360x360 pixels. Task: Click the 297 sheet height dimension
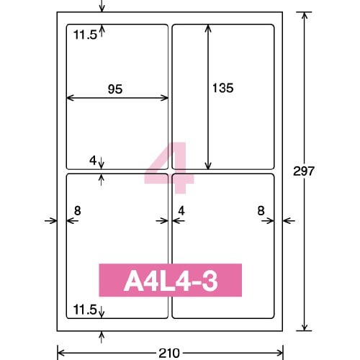pos(304,171)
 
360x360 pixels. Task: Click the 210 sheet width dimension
pos(169,354)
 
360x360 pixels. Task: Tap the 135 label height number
pos(223,88)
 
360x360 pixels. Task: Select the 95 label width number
pos(115,89)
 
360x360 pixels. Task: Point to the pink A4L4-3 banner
pos(171,280)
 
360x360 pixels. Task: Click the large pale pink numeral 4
pos(169,168)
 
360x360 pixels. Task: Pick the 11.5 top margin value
pos(85,35)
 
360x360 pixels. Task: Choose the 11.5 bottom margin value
pos(85,310)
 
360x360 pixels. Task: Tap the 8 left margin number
pos(77,211)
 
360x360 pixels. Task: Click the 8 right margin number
pos(261,211)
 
